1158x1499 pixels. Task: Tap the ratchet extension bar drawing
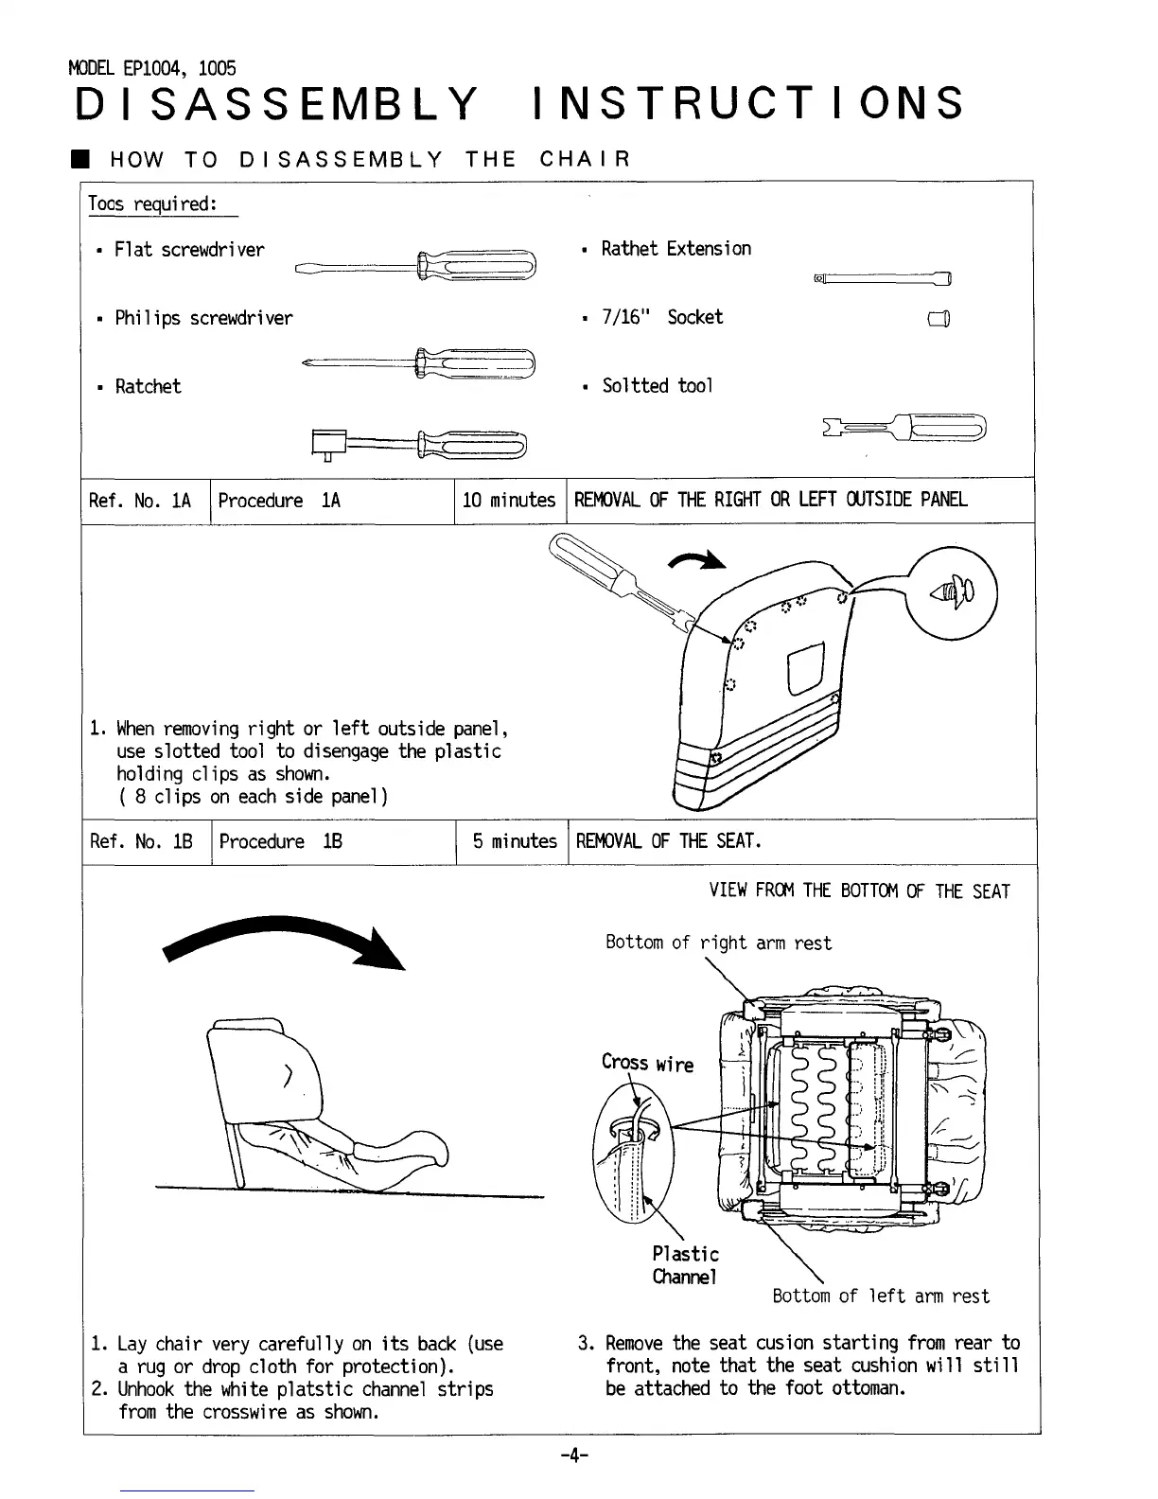tap(882, 278)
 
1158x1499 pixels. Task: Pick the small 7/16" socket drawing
tap(939, 319)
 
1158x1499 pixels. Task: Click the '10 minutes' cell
tap(509, 500)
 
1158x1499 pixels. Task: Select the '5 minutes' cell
tap(515, 841)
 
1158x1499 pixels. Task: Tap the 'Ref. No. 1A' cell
tap(140, 500)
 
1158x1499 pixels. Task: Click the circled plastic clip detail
tap(951, 594)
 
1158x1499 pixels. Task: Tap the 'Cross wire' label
tap(647, 1063)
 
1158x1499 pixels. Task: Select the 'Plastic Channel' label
tap(685, 1265)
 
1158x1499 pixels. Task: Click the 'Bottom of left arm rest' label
tap(881, 1296)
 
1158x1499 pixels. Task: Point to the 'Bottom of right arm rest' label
tap(718, 943)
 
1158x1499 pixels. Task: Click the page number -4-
tap(574, 1455)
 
